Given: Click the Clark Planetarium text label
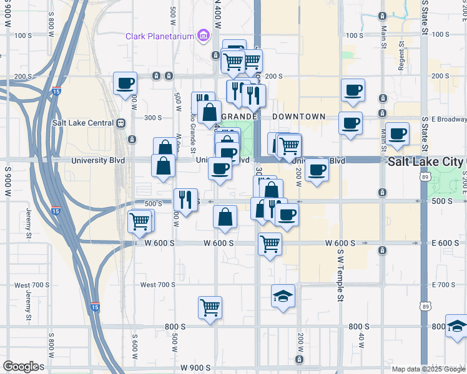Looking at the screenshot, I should click(x=160, y=36).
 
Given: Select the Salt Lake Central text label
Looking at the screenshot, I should click(x=82, y=123).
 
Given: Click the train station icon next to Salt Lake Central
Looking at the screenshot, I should click(x=120, y=123).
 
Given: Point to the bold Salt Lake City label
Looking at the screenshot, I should click(x=426, y=161).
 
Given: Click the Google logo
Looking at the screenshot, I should click(x=21, y=367).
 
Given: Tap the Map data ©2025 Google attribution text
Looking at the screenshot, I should click(x=428, y=369).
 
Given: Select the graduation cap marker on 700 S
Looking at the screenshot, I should click(x=283, y=295).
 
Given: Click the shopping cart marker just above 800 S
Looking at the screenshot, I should click(x=210, y=307).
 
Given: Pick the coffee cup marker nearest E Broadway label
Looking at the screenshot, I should click(x=398, y=133).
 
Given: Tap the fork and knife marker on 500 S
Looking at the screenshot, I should click(x=185, y=199).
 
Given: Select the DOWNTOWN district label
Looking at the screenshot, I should click(x=298, y=117).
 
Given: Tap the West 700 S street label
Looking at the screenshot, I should click(x=157, y=285).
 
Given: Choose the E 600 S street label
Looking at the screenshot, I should click(x=445, y=243).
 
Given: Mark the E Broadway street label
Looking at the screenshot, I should click(x=444, y=119).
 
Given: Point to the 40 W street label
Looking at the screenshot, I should click(x=361, y=341).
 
